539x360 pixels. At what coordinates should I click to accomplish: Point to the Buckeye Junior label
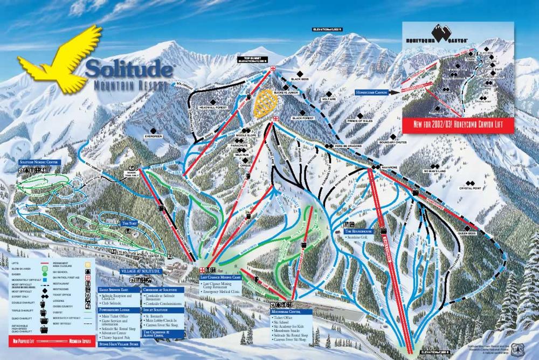(x=286, y=92)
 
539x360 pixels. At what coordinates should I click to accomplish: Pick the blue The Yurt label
(x=130, y=223)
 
